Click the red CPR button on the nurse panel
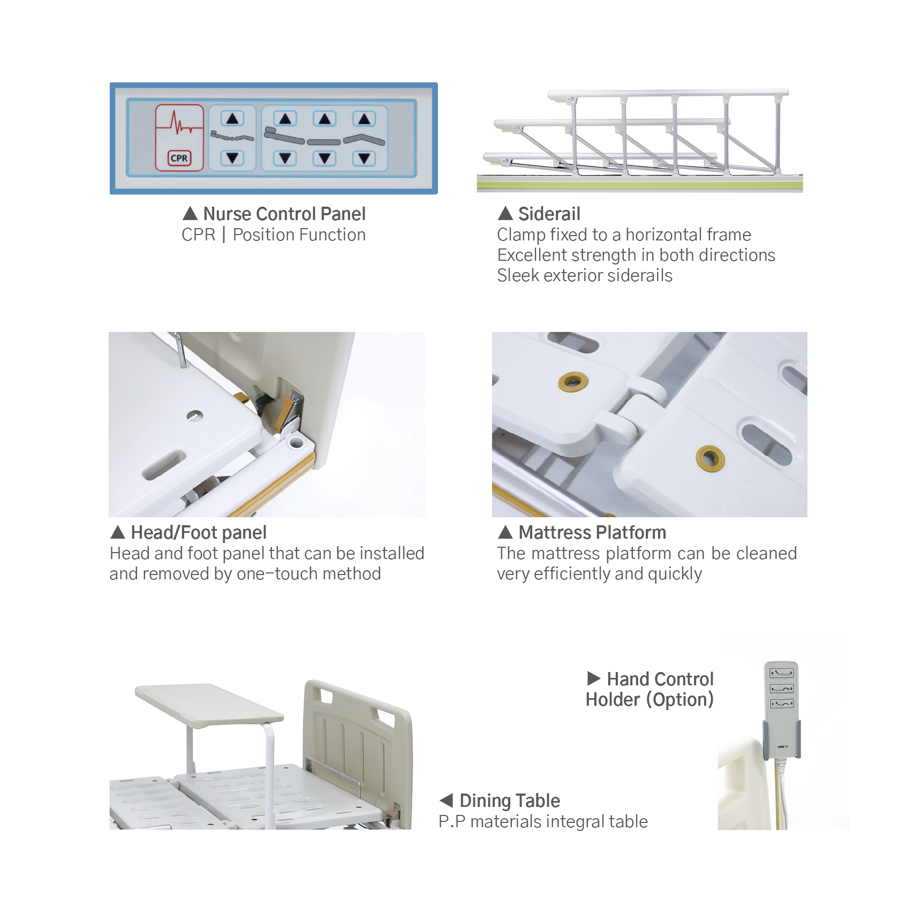point(179,138)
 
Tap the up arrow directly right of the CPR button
point(232,119)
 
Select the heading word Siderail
point(549,214)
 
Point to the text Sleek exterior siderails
point(584,276)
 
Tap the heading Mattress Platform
point(592,533)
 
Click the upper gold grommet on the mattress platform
point(573,382)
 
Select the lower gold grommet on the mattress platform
point(710,458)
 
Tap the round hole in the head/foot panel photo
point(194,416)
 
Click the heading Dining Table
point(509,801)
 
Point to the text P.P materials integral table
point(543,822)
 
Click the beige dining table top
point(209,701)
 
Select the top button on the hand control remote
point(781,673)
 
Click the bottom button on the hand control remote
point(781,704)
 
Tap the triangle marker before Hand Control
point(593,679)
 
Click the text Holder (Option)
point(649,700)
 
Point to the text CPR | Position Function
point(274,235)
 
